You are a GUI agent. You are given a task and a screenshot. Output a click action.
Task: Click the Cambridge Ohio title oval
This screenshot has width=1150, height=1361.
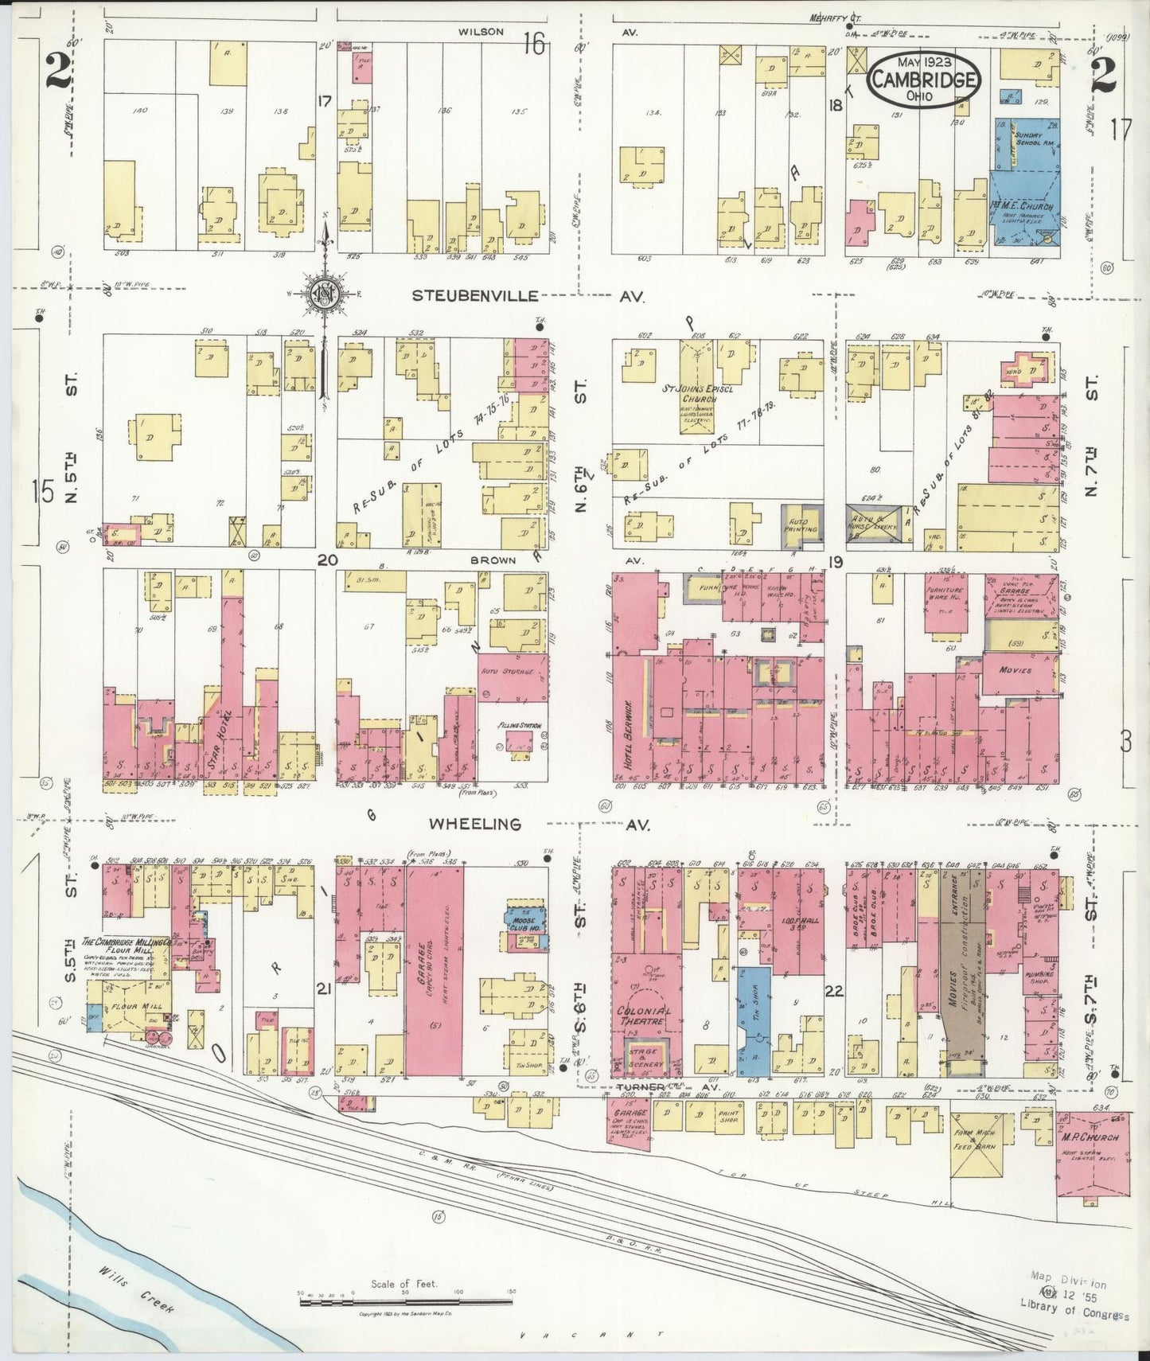923,80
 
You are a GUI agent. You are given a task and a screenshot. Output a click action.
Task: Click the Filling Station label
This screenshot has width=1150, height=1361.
514,726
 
